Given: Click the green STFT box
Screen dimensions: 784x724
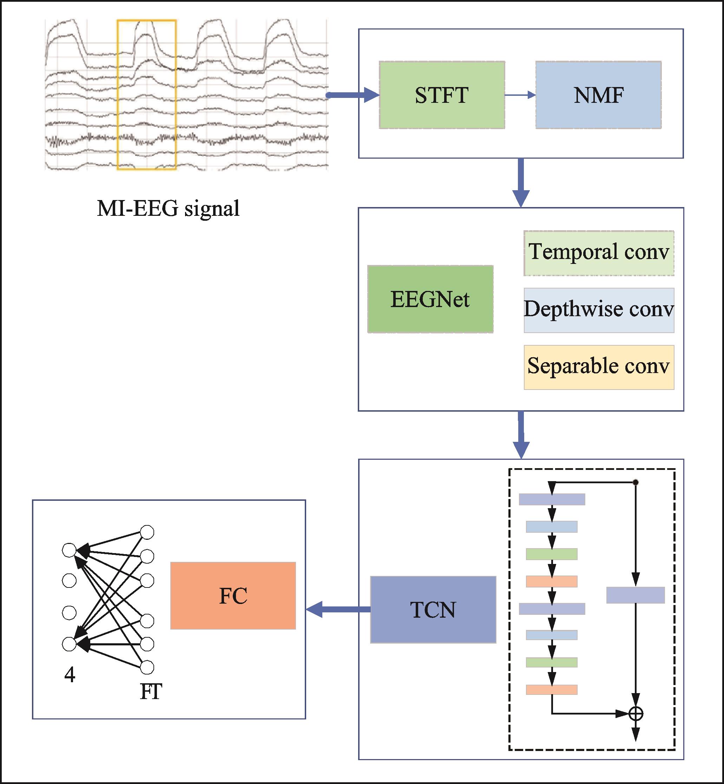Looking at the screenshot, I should coord(442,95).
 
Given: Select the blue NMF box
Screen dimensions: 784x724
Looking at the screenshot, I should coord(598,95).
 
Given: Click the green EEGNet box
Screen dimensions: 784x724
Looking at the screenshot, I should coord(430,299).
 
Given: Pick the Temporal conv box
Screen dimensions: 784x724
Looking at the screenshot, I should coord(599,253).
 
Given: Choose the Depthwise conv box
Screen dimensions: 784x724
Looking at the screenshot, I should coord(599,310).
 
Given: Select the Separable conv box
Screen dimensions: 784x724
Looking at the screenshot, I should coord(599,367).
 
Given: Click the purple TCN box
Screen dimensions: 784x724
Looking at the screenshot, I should coord(433,609).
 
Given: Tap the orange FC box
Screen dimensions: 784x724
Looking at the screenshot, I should coord(233,596).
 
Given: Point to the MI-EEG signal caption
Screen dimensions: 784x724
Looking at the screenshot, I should coord(168,208).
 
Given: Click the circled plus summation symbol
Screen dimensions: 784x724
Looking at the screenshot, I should coord(636,713).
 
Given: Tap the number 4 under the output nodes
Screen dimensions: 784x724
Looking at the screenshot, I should coord(70,675).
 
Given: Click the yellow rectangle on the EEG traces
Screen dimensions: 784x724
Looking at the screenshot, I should coord(146,95).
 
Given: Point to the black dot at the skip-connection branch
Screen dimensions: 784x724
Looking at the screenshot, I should coord(636,483).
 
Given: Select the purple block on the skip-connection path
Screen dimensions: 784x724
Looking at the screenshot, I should coord(636,595).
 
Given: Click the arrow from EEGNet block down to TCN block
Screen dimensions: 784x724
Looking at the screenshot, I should coord(521,435).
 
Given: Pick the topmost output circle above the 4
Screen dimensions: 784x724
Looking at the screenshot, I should coord(69,550).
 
